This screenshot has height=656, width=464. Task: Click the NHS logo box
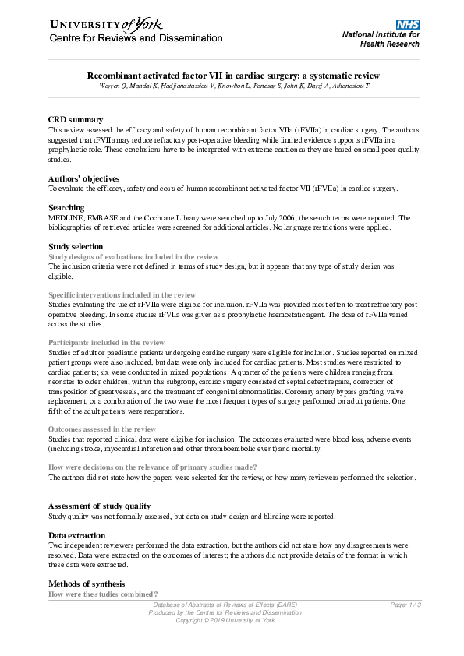tap(407, 25)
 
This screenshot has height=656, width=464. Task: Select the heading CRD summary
tap(76, 119)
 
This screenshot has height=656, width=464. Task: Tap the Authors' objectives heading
tap(84, 179)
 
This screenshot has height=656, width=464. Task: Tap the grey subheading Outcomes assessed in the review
tap(102, 429)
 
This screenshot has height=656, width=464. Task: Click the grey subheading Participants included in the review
tap(107, 343)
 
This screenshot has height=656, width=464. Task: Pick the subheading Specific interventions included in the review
tap(122, 295)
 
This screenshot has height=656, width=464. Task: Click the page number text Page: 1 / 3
tap(406, 605)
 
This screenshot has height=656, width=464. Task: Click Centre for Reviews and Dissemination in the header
tap(136, 38)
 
